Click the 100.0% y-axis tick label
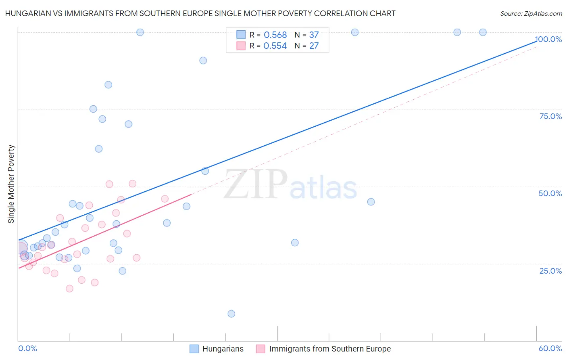[548, 39]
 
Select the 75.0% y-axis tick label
[550, 116]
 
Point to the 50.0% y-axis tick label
[550, 193]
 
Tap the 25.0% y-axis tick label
[550, 271]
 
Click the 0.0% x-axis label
[27, 348]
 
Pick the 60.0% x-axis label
[550, 348]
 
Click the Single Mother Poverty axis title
[11, 184]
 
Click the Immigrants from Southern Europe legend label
[330, 349]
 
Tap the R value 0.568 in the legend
[275, 35]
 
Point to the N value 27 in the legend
[314, 46]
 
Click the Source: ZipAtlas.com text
[531, 13]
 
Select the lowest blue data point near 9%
[231, 314]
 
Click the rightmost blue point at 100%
[483, 32]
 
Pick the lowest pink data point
[69, 289]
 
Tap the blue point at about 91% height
[203, 61]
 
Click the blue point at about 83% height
[108, 85]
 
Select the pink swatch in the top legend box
[241, 46]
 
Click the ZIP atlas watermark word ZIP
[255, 184]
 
